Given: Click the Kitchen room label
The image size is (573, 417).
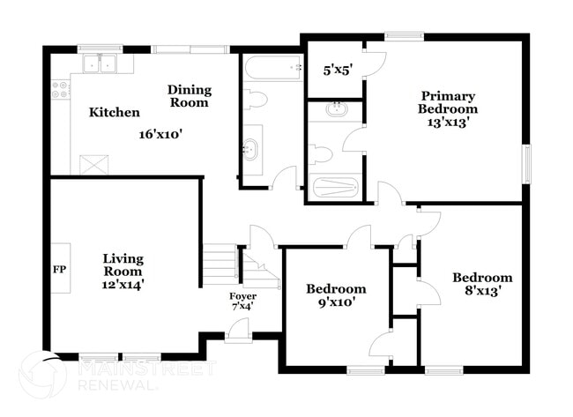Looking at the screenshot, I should point(114,113).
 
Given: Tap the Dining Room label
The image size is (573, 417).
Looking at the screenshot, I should point(190,96).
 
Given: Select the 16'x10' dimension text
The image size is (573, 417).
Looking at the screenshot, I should point(159,135).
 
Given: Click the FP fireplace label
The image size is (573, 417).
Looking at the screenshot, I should point(60,269).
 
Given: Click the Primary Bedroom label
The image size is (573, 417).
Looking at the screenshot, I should point(448,102).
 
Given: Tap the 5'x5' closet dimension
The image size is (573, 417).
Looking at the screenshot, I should point(338,70).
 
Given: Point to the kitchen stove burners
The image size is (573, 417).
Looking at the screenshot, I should point(61,89).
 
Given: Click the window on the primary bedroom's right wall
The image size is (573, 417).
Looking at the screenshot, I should point(527,163).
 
